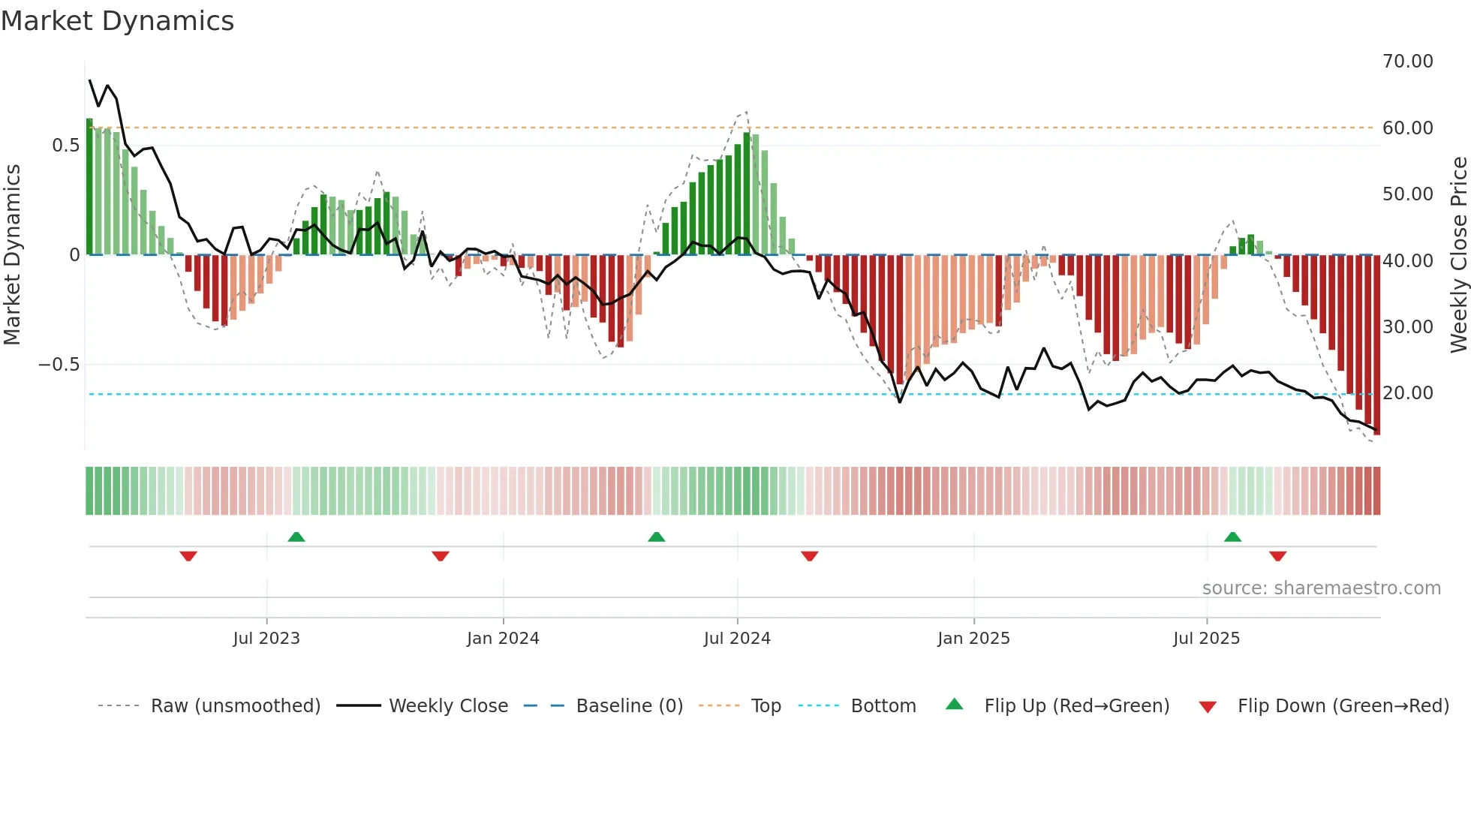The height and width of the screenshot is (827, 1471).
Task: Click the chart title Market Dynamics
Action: (118, 21)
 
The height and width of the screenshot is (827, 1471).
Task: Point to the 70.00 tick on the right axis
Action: (1407, 62)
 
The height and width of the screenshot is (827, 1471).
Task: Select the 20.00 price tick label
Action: (1407, 393)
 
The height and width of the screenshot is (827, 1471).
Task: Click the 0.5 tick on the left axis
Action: (66, 146)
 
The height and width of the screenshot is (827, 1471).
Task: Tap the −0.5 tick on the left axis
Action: (59, 365)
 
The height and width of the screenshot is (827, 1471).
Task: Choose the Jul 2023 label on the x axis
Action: (266, 639)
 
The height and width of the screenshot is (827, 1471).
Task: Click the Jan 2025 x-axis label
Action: (973, 639)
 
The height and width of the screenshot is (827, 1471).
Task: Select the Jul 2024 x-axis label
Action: (737, 639)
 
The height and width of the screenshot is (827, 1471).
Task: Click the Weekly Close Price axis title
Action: (1458, 255)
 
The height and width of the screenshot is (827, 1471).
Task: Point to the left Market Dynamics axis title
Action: (12, 255)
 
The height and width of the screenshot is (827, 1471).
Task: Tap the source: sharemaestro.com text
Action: (1321, 588)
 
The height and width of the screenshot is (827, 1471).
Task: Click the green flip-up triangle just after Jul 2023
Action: (296, 537)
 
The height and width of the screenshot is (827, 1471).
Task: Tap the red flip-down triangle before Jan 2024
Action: (441, 556)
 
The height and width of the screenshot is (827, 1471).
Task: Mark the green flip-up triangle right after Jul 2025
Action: (1232, 537)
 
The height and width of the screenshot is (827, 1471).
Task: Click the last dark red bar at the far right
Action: (1376, 345)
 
